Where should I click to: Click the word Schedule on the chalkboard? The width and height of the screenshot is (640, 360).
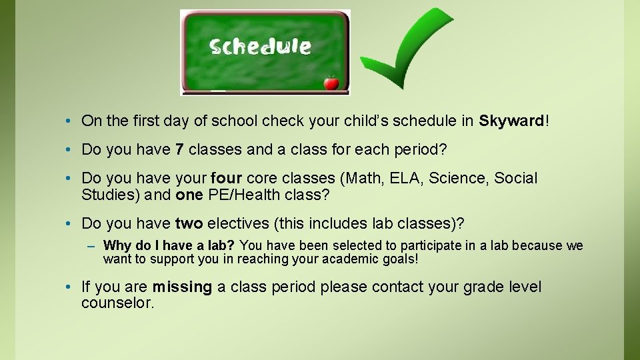260,47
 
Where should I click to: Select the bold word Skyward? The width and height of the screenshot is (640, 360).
511,121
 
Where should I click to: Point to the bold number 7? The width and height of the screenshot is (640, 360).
179,150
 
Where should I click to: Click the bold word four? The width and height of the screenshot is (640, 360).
225,179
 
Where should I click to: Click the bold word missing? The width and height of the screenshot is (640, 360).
182,287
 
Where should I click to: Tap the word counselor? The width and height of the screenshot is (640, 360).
117,303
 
